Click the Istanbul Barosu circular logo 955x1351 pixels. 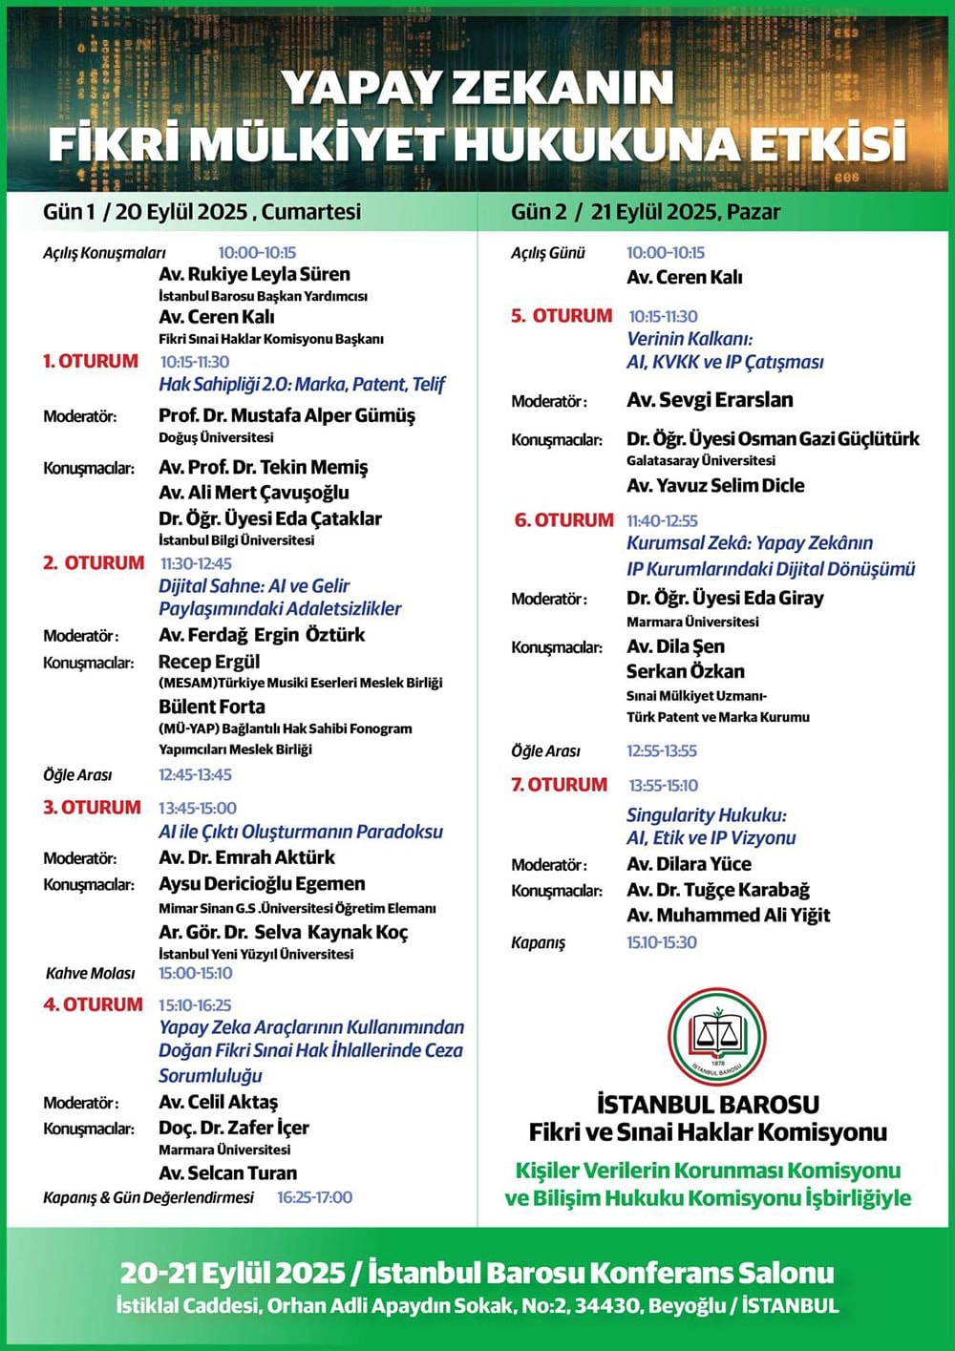(x=717, y=1037)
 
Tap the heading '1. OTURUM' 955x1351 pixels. (x=91, y=361)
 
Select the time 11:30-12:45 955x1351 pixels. (x=196, y=563)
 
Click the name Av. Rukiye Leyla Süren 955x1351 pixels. (x=254, y=274)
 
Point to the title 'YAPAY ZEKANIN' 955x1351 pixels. (x=477, y=88)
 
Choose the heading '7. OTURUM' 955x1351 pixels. (x=559, y=785)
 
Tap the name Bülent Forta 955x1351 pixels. (x=212, y=707)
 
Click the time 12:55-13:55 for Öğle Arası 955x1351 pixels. (x=662, y=750)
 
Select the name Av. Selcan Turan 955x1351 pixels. (x=227, y=1172)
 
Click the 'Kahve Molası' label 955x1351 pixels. (x=91, y=973)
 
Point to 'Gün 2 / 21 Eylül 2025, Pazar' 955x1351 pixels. (x=646, y=212)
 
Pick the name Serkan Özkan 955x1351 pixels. (x=685, y=671)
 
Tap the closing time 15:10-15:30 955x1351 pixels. (x=662, y=942)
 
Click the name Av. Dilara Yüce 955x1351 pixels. (x=689, y=864)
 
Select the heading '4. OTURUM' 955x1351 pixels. (x=93, y=1004)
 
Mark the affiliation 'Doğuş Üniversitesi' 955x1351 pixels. (x=216, y=437)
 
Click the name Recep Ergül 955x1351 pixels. (x=209, y=662)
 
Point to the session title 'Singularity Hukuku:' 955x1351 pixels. (x=706, y=815)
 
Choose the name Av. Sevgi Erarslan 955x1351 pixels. (x=710, y=400)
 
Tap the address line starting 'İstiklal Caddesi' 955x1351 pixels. (x=477, y=1305)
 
